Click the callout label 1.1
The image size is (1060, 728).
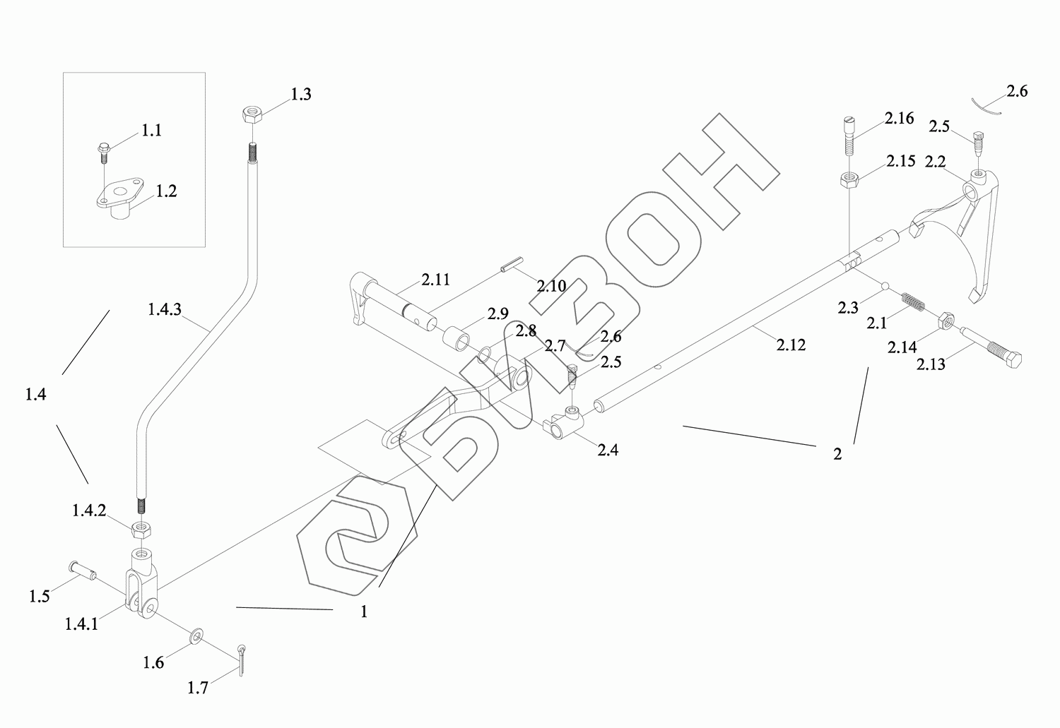point(151,131)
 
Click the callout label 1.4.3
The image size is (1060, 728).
point(165,309)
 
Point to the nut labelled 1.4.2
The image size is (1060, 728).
point(143,527)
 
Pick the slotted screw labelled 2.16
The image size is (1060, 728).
point(849,138)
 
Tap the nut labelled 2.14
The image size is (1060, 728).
point(947,322)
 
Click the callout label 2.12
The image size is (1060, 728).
point(791,345)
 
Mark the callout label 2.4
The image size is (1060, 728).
point(608,450)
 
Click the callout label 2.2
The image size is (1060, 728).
point(936,162)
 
